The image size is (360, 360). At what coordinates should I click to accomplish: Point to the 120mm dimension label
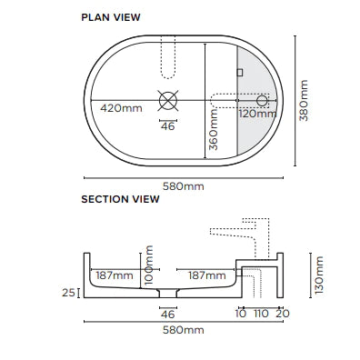point(258,114)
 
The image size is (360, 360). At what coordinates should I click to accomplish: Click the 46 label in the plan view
point(167,125)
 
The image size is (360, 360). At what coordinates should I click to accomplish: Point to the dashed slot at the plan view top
point(165,55)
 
